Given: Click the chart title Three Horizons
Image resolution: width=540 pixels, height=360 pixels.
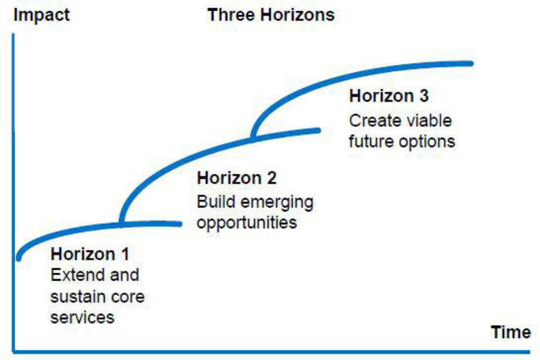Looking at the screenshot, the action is [271, 15].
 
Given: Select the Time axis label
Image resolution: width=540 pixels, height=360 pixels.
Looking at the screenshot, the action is [511, 332].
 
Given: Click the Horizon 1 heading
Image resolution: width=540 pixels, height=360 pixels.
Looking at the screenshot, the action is [90, 254].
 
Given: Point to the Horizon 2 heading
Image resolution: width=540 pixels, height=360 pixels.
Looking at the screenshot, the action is [237, 178].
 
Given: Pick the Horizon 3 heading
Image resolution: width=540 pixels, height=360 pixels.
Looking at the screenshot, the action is [389, 96].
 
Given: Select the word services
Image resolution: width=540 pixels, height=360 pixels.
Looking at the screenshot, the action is [82, 317].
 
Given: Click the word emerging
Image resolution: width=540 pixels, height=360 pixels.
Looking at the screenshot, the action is [277, 203].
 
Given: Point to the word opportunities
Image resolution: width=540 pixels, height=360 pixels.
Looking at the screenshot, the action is [246, 223].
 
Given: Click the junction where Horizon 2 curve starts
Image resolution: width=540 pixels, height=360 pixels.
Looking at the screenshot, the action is [121, 224].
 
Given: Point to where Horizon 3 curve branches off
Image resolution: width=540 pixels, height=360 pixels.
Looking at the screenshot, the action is [254, 138].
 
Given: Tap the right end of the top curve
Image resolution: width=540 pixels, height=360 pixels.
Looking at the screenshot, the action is [471, 64].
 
